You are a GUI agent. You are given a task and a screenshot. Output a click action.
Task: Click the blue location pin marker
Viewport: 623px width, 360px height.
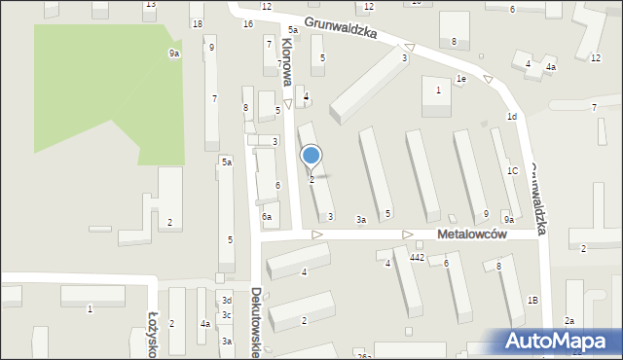(x=311, y=156)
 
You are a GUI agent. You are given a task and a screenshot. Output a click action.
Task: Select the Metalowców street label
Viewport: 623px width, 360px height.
(x=473, y=234)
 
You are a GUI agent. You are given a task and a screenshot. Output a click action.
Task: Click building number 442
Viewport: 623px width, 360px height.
(x=417, y=257)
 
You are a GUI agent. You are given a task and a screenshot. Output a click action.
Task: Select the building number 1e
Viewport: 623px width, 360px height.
(x=461, y=79)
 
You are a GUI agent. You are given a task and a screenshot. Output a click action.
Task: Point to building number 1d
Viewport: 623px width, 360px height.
(x=511, y=117)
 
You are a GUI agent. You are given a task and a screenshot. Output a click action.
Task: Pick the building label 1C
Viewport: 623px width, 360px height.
(x=512, y=171)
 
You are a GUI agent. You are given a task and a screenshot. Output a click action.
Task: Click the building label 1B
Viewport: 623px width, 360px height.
(x=532, y=300)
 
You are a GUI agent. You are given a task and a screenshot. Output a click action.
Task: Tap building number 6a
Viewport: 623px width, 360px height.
(x=266, y=217)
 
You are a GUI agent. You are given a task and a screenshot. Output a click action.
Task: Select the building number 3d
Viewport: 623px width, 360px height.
(x=226, y=301)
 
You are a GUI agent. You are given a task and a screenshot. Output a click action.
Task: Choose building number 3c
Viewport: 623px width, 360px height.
(x=226, y=315)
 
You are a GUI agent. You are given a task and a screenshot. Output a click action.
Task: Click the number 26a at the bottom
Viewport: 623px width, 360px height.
(x=364, y=356)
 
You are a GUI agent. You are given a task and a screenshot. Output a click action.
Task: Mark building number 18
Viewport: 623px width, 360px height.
(x=197, y=23)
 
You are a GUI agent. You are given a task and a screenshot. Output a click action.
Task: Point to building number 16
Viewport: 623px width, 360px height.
(x=248, y=23)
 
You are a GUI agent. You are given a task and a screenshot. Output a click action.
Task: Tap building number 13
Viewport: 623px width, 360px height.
(x=149, y=5)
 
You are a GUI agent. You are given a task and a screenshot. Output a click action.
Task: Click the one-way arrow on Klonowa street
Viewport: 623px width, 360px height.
(x=288, y=103)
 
